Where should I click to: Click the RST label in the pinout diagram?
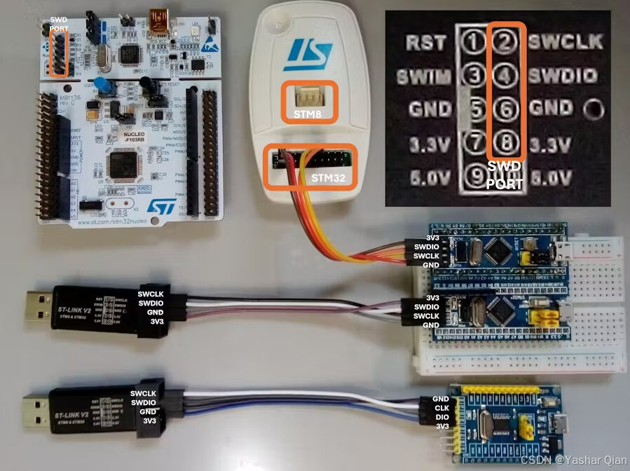pyautogui.click(x=425, y=42)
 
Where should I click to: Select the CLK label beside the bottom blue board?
pyautogui.click(x=441, y=408)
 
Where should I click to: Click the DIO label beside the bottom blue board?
pyautogui.click(x=441, y=417)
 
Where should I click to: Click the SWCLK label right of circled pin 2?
pyautogui.click(x=566, y=42)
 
